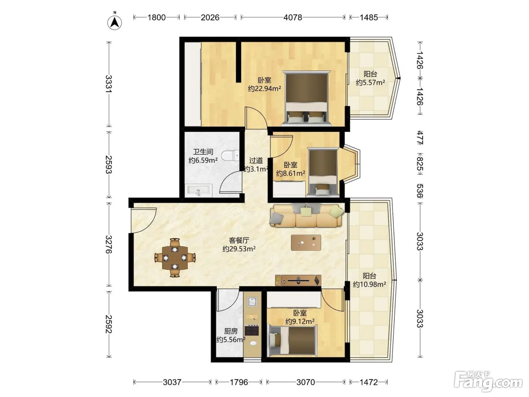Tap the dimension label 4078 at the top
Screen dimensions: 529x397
(x=292, y=17)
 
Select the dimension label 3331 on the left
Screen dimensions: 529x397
(x=109, y=84)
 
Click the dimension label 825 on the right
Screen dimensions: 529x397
(x=420, y=164)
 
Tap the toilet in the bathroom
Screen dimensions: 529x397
(x=230, y=155)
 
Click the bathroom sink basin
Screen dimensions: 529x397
(x=199, y=191)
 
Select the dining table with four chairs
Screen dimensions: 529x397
(x=175, y=258)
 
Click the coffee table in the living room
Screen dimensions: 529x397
(x=306, y=243)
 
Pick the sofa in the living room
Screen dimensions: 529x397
(x=306, y=216)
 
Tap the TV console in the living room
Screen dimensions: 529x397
(x=298, y=280)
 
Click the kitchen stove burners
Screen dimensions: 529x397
(x=252, y=330)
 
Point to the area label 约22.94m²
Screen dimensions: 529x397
(x=264, y=89)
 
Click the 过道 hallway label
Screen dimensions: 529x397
(x=256, y=160)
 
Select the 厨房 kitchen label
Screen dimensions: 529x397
(x=230, y=331)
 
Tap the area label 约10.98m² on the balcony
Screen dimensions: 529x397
(x=370, y=284)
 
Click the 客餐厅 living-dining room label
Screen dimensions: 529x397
(x=239, y=240)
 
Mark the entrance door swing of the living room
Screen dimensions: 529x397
(x=143, y=220)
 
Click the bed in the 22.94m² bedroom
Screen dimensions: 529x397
(x=306, y=98)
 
